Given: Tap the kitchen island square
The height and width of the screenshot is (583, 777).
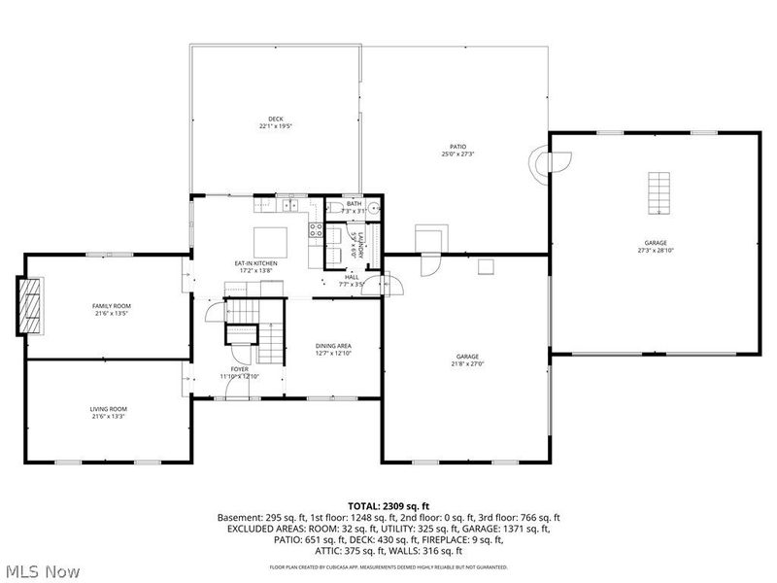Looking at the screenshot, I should pyautogui.click(x=270, y=240).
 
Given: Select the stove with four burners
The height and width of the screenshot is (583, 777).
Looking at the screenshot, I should pyautogui.click(x=316, y=230).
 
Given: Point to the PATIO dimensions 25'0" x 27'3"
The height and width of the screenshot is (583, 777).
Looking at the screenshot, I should pyautogui.click(x=457, y=154).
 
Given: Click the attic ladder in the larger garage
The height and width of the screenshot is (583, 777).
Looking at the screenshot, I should pyautogui.click(x=659, y=192).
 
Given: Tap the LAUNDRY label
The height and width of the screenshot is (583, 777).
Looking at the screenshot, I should pyautogui.click(x=359, y=244).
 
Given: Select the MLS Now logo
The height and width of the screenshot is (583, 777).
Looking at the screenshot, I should pyautogui.click(x=42, y=570).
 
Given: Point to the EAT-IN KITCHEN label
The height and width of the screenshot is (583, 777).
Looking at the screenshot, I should pyautogui.click(x=255, y=263).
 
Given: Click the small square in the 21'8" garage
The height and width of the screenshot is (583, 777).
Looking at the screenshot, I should pyautogui.click(x=486, y=265).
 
